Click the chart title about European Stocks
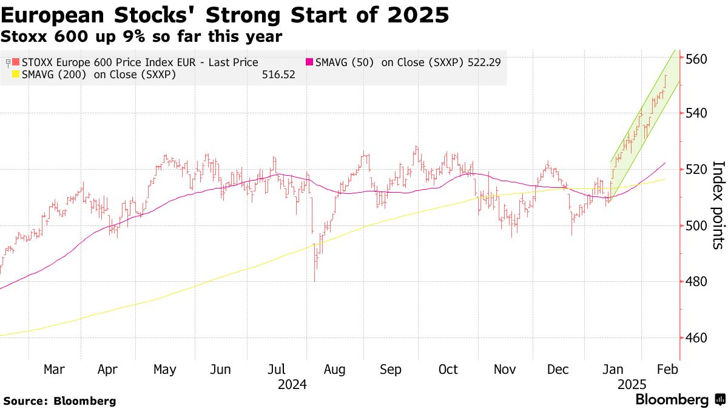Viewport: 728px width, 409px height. coord(226,15)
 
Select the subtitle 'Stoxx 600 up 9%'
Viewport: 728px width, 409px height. coord(141,36)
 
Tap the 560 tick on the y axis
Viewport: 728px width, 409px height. coord(697,59)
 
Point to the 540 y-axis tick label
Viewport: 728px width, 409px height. coord(697,113)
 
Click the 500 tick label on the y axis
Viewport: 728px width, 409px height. coord(697,226)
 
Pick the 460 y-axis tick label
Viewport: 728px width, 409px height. coord(697,338)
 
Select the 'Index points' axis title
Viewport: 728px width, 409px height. coord(718,205)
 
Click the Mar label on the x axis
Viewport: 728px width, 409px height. coord(55,370)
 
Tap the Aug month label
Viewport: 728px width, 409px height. coord(334,370)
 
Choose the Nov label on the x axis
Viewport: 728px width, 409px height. coord(505,370)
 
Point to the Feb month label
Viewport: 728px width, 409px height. coord(668,370)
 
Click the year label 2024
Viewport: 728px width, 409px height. coord(292,385)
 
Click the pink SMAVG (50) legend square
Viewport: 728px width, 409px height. coord(309,62)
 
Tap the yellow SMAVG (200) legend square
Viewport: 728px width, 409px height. coord(16,75)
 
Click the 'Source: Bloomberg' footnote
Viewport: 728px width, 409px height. coord(59,401)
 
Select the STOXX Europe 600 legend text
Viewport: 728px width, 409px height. coord(140,62)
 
